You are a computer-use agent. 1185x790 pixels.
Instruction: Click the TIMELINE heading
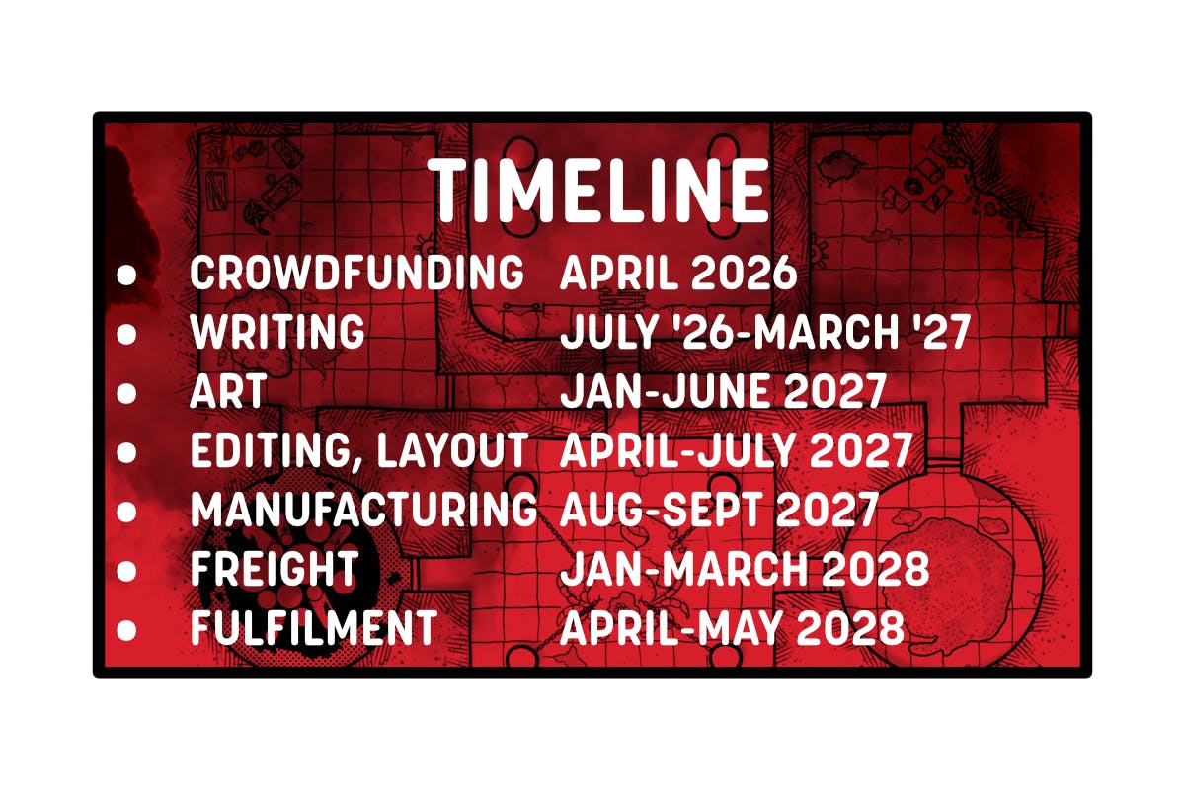point(599,192)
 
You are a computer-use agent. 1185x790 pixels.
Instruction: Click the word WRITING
point(277,334)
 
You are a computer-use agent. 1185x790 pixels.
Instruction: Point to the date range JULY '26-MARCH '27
point(766,334)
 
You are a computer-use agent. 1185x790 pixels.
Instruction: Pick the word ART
point(228,393)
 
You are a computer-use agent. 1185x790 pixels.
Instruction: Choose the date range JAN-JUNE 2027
point(722,393)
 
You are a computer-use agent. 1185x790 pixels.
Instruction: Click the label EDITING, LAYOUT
point(359,452)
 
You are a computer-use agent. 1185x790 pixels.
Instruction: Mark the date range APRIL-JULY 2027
point(736,452)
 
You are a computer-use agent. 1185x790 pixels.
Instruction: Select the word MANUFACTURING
point(363,511)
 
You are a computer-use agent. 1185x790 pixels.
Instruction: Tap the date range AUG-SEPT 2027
point(719,511)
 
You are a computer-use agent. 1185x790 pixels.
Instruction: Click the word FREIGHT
point(274,570)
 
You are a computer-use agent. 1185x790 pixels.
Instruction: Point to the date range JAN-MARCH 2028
point(745,570)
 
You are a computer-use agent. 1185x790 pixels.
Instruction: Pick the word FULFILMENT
point(313,629)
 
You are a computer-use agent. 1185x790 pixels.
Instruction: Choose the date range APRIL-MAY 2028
point(732,629)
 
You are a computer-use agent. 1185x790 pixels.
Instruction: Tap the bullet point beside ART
point(126,394)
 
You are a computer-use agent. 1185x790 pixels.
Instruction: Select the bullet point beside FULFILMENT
point(126,630)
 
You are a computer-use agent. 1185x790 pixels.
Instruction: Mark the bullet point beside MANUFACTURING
point(126,513)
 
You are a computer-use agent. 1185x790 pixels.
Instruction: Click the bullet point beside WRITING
point(126,335)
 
